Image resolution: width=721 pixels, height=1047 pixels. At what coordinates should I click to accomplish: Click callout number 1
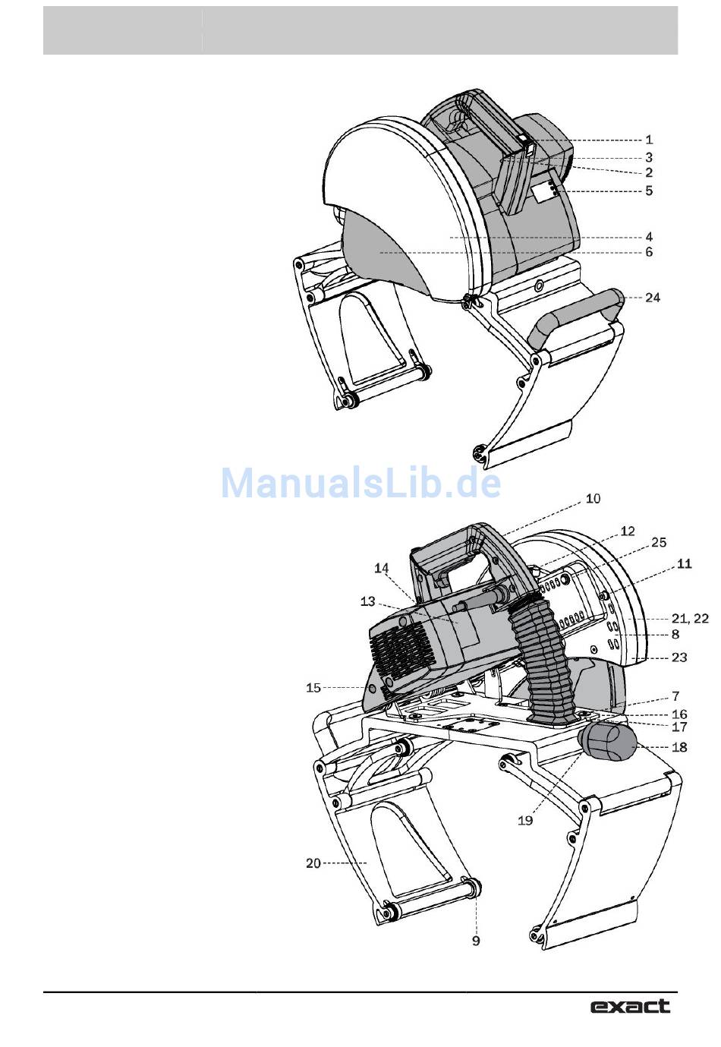click(649, 139)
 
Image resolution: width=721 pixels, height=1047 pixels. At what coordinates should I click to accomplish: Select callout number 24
click(652, 298)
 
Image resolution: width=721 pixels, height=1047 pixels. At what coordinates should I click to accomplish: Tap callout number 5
click(649, 191)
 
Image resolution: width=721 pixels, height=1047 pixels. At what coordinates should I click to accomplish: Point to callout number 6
click(649, 252)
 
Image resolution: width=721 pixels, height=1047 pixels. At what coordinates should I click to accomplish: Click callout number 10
click(593, 499)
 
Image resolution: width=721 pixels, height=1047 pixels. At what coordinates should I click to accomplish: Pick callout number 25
click(658, 542)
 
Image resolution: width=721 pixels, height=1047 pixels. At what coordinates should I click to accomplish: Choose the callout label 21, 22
click(690, 618)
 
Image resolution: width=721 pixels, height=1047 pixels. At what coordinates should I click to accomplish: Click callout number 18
click(679, 747)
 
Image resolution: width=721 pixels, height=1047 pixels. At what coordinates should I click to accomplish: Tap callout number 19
click(525, 820)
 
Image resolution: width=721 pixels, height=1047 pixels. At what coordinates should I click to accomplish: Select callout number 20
click(313, 863)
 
